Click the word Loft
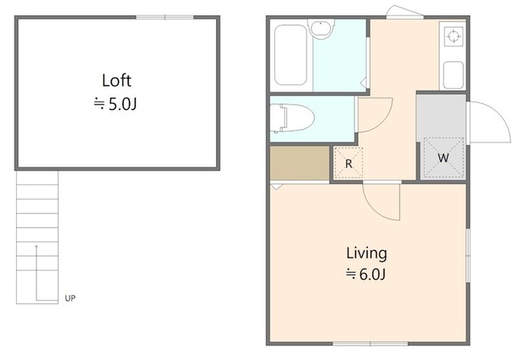point(117,81)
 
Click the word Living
point(367,254)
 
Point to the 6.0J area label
point(372,274)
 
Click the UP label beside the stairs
point(70,299)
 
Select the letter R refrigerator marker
point(349,163)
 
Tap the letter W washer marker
point(443,158)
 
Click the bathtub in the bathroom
point(291,55)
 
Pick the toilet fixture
point(291,118)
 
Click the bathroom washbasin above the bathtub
point(321,28)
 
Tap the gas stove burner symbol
point(453,36)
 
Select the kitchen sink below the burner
point(453,75)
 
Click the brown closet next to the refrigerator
point(299,163)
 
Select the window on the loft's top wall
point(164,17)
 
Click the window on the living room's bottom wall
point(370,344)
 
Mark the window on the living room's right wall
point(468,255)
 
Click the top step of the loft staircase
point(37,178)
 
